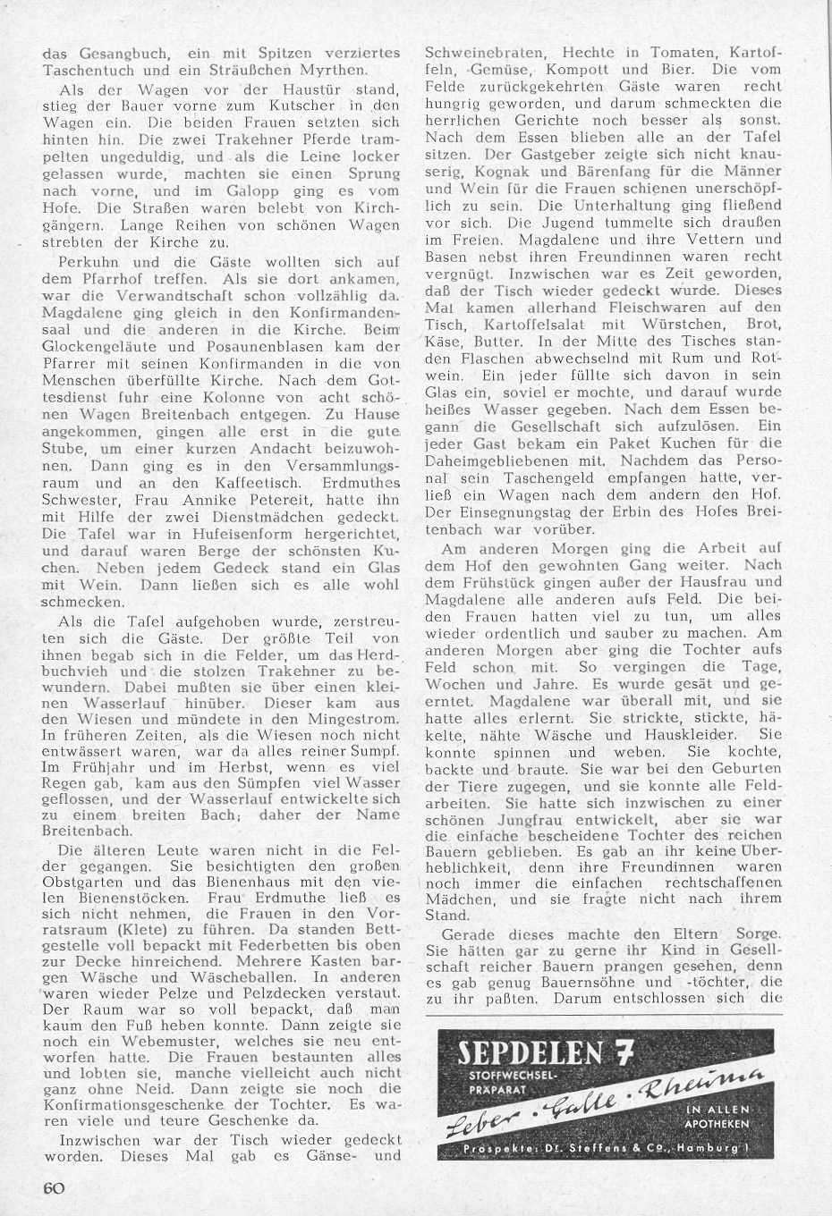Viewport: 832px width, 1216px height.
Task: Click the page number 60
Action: pos(54,1186)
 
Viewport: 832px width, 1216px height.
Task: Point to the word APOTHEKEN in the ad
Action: pos(715,1123)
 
